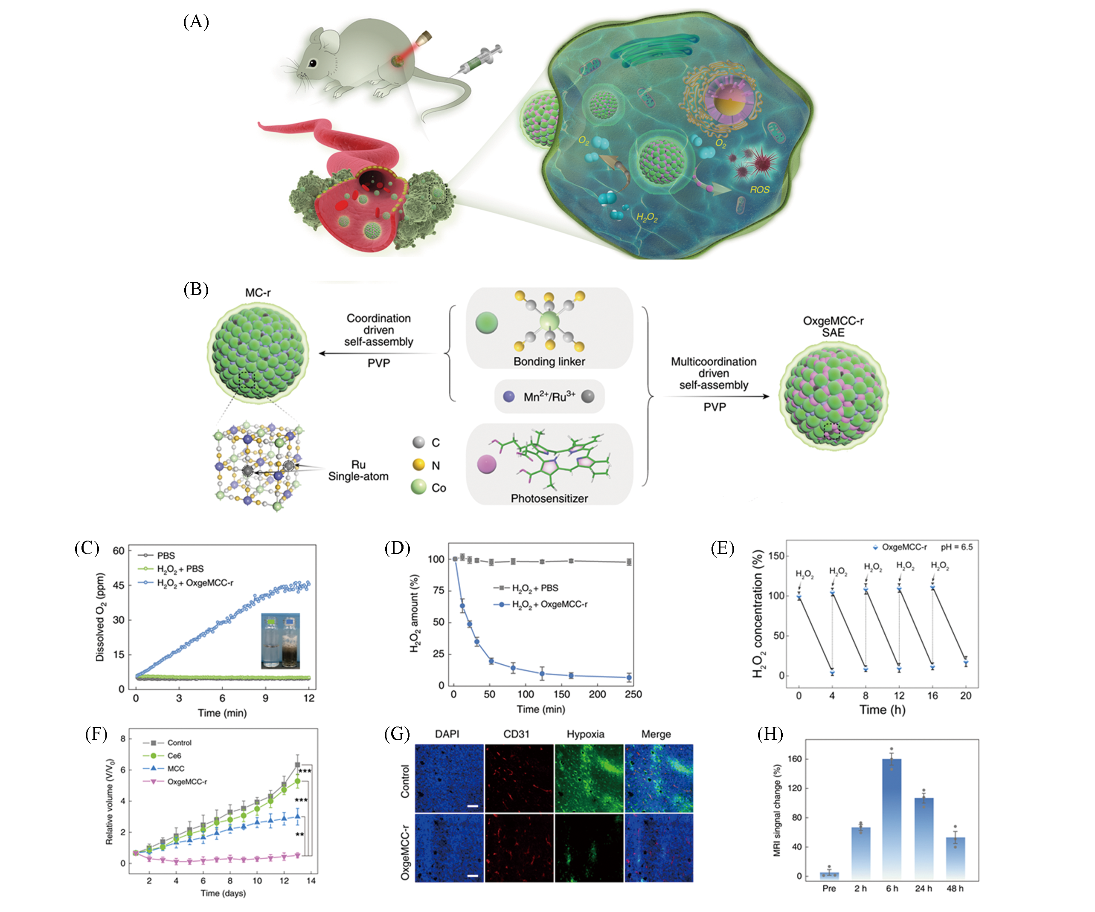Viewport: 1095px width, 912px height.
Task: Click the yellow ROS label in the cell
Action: click(x=759, y=190)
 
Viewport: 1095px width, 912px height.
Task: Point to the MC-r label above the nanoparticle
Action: click(x=258, y=293)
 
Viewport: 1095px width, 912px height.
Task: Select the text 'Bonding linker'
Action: click(x=549, y=362)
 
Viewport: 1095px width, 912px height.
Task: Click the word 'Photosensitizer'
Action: click(x=549, y=498)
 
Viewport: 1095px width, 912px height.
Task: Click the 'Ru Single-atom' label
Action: click(x=358, y=470)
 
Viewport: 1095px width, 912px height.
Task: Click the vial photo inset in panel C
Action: click(x=281, y=640)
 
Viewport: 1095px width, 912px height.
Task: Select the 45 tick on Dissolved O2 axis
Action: click(x=119, y=585)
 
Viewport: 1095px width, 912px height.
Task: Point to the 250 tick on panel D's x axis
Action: click(x=633, y=694)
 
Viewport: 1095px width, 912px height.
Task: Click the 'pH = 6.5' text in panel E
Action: click(x=956, y=547)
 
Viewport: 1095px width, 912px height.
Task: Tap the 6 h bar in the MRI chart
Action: click(x=892, y=818)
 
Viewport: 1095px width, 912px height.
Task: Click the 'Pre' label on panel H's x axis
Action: click(x=828, y=889)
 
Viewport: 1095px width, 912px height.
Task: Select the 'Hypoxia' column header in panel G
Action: click(x=585, y=734)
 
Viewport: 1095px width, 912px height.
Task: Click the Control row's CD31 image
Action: click(x=519, y=778)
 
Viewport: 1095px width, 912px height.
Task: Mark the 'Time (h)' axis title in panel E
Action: click(x=882, y=710)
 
